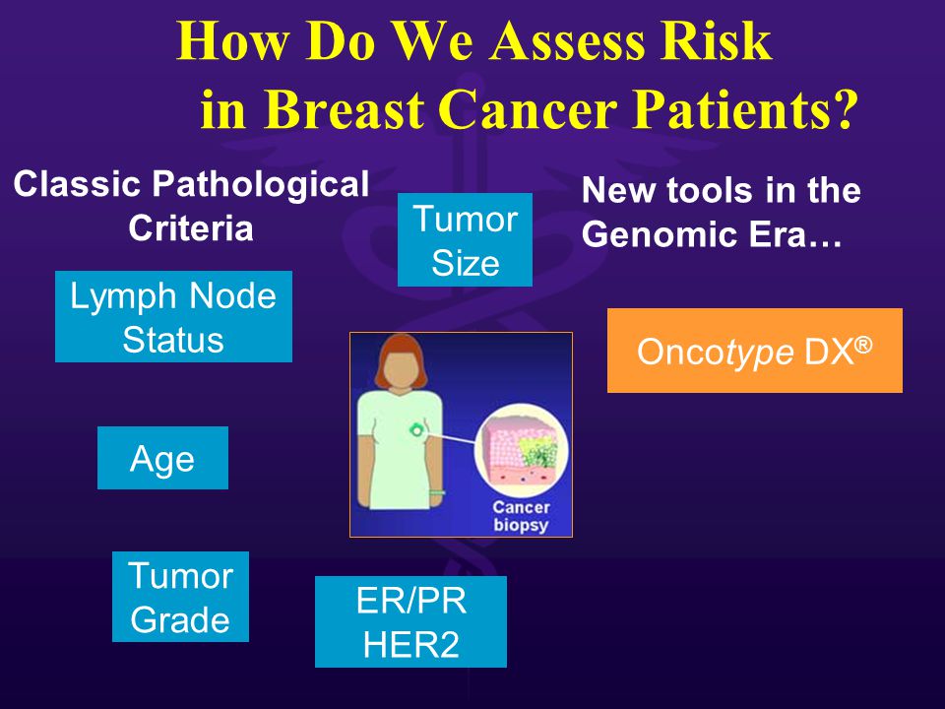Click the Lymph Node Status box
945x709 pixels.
173,316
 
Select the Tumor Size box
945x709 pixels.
465,239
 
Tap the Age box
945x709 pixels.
162,458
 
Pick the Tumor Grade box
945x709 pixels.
180,597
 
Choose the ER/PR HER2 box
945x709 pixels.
410,621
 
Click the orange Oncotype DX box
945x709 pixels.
755,351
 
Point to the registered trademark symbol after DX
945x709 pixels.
863,345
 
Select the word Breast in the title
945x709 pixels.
345,109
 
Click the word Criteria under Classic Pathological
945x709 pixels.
190,228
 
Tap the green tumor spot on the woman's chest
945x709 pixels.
415,429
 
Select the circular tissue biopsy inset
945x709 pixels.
521,450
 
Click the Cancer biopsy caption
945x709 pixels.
521,516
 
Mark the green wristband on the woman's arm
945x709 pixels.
436,492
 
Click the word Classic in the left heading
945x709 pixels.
77,184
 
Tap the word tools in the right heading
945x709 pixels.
711,190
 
